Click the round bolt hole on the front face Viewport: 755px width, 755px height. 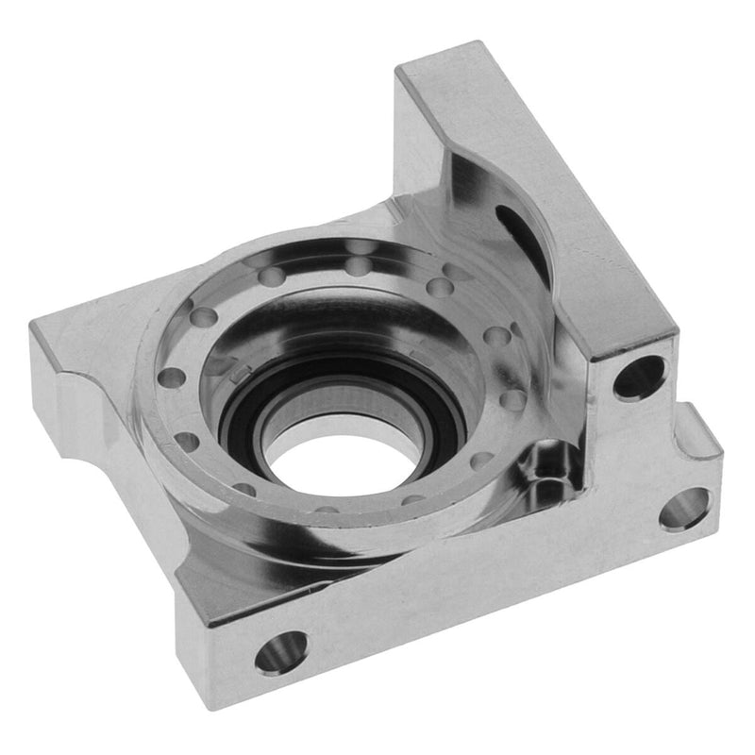tap(281, 651)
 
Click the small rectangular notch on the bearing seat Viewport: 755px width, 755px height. tap(236, 374)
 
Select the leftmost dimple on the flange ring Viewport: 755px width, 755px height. tap(171, 377)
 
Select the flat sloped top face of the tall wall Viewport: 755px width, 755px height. tap(557, 189)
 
